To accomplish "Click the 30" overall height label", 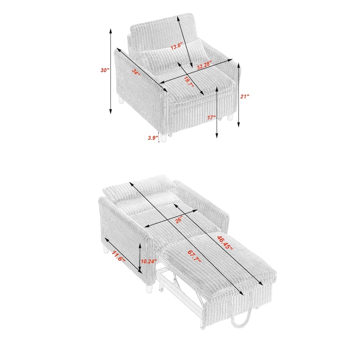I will (105, 70).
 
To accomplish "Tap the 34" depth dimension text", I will (136, 72).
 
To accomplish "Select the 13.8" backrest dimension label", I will (177, 46).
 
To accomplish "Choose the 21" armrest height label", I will (245, 96).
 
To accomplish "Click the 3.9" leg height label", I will (153, 138).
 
